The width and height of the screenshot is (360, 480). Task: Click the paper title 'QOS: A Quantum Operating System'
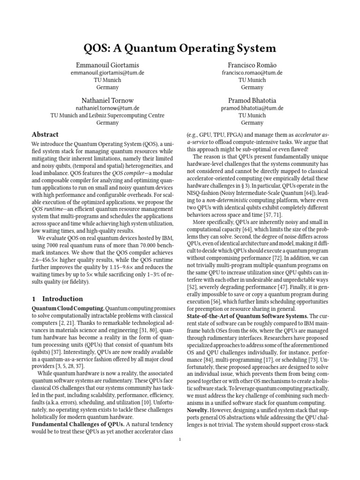pos(180,48)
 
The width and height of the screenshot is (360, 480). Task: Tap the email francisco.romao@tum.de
pos(252,73)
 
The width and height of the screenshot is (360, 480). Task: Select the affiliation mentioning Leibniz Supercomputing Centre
pos(108,115)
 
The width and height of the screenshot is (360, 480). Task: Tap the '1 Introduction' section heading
pos(57,299)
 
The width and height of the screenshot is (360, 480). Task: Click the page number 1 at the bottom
pos(180,440)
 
